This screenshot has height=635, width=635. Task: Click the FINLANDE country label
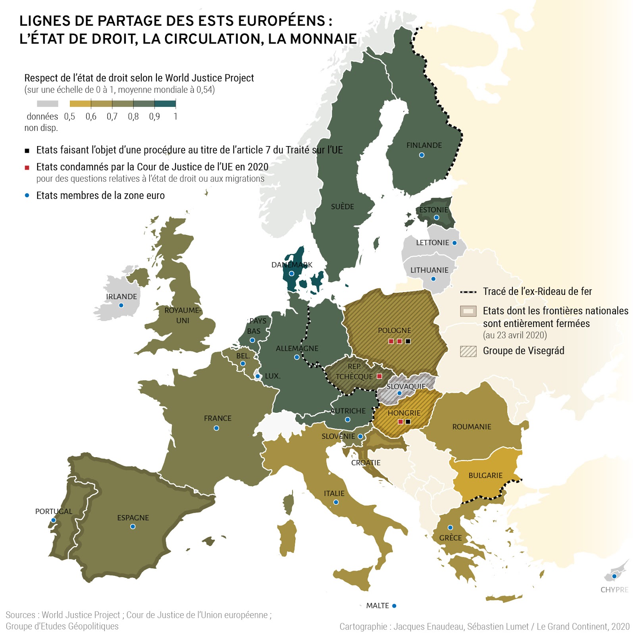424,145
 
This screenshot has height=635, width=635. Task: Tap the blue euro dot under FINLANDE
421,155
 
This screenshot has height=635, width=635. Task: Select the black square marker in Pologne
408,341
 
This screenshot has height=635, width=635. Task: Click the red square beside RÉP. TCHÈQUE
379,376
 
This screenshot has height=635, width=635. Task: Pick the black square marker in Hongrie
408,421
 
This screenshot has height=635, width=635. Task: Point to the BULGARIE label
485,475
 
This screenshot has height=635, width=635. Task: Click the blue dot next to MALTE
394,606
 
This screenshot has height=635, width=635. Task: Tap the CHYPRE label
614,590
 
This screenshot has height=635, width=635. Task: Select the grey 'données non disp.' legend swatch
48,104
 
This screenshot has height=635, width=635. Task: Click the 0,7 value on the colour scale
112,117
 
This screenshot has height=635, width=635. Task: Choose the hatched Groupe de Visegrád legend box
468,351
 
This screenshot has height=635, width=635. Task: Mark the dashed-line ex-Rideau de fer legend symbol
468,292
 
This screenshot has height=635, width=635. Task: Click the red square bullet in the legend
27,167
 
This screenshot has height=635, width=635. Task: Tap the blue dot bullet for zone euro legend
27,195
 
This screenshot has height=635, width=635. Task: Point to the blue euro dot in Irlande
121,305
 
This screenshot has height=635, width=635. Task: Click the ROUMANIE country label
471,427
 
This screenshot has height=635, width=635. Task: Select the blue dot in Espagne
133,527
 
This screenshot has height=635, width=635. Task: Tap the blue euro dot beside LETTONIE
454,243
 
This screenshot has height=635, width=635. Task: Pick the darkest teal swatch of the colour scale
165,104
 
